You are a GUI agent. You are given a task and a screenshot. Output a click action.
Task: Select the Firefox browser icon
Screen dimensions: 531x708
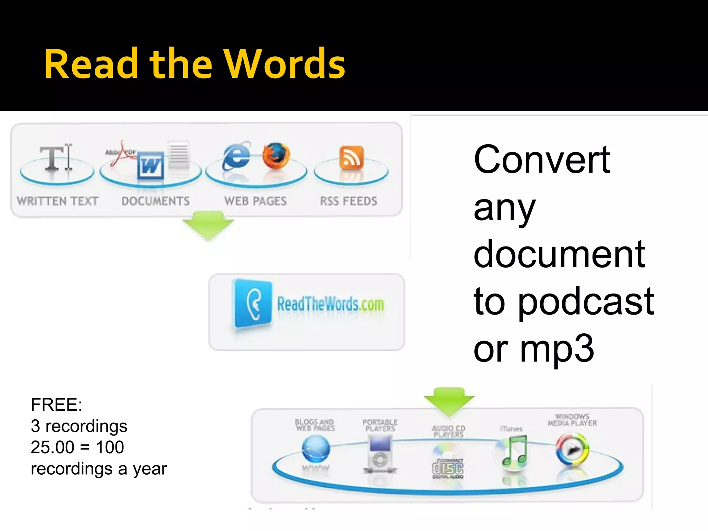276,156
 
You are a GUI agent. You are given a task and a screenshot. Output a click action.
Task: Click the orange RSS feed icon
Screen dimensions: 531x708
352,158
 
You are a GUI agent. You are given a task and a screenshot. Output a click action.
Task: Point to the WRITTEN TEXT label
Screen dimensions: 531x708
57,201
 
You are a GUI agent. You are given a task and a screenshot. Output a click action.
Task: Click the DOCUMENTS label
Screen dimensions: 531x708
155,201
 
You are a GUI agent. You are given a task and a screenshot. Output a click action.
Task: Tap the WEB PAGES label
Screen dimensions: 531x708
255,201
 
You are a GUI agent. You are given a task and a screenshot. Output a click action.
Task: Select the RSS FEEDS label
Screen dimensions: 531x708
348,201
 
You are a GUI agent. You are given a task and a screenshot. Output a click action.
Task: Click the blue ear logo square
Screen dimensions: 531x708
253,304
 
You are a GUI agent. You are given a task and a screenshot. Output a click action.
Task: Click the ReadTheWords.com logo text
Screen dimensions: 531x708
330,304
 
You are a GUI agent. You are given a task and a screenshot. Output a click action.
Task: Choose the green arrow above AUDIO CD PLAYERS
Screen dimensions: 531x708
449,401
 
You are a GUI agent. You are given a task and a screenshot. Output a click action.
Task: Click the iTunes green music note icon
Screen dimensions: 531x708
515,451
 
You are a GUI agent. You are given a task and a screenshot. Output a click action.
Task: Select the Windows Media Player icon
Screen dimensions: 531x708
572,449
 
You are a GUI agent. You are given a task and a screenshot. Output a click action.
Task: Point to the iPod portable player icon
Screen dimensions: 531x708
380,453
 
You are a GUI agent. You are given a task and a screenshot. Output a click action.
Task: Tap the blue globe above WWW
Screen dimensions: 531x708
315,449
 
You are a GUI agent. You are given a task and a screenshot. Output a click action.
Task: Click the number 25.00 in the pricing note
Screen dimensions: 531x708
52,447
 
